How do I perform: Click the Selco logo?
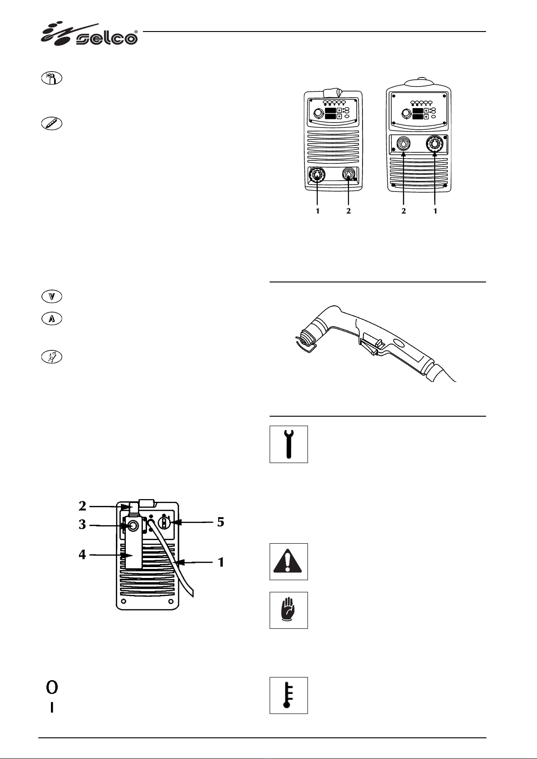pyautogui.click(x=89, y=34)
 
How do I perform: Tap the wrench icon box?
pyautogui.click(x=289, y=444)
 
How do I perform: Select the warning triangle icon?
pyautogui.click(x=289, y=561)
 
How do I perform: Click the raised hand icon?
pyautogui.click(x=289, y=610)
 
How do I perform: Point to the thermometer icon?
pyautogui.click(x=289, y=695)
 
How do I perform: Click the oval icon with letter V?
pyautogui.click(x=52, y=296)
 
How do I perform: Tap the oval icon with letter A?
pyautogui.click(x=52, y=319)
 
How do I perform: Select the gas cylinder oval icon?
pyautogui.click(x=52, y=78)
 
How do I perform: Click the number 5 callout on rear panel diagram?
pyautogui.click(x=220, y=522)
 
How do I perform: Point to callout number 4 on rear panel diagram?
pyautogui.click(x=82, y=554)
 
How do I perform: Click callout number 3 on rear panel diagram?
pyautogui.click(x=82, y=524)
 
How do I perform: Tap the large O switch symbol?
pyautogui.click(x=52, y=687)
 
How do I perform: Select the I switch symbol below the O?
pyautogui.click(x=52, y=708)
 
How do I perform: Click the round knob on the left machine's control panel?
pyautogui.click(x=318, y=113)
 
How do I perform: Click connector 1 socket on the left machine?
pyautogui.click(x=317, y=175)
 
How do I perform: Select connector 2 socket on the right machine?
pyautogui.click(x=404, y=144)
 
